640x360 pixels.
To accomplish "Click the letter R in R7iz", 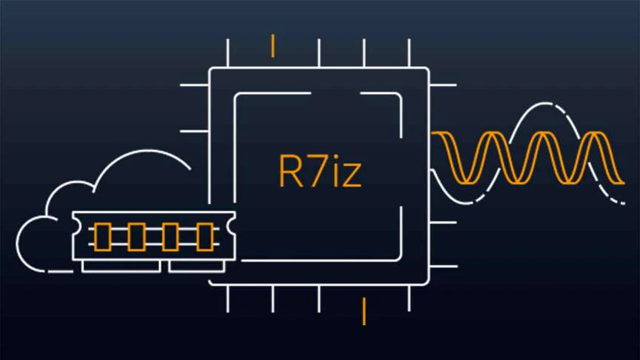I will (290, 171).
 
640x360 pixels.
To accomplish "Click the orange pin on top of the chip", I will (273, 45).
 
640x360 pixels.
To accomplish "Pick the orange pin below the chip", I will (364, 310).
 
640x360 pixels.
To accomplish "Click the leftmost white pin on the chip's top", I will (227, 53).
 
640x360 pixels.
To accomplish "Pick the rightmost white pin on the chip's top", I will (409, 53).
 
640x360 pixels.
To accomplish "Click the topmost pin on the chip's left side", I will (194, 85).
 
